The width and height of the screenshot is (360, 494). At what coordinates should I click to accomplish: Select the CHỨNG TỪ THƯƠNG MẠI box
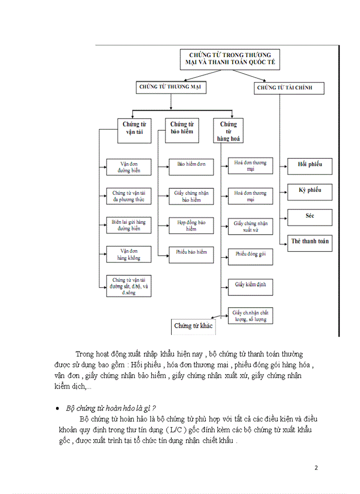[171, 87]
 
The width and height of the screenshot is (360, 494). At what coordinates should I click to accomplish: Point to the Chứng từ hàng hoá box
[228, 131]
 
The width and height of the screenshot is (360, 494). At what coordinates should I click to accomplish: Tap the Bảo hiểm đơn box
[191, 164]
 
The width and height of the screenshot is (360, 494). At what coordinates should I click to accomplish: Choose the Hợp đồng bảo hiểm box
[191, 225]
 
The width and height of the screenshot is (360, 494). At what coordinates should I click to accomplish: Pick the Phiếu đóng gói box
[250, 256]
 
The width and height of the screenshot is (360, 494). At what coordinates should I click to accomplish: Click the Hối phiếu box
[310, 166]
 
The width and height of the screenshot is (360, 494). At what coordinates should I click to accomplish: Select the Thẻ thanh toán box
[310, 242]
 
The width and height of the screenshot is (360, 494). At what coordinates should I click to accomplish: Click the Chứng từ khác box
[193, 326]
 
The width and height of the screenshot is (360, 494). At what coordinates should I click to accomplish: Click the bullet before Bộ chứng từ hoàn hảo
[58, 409]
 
